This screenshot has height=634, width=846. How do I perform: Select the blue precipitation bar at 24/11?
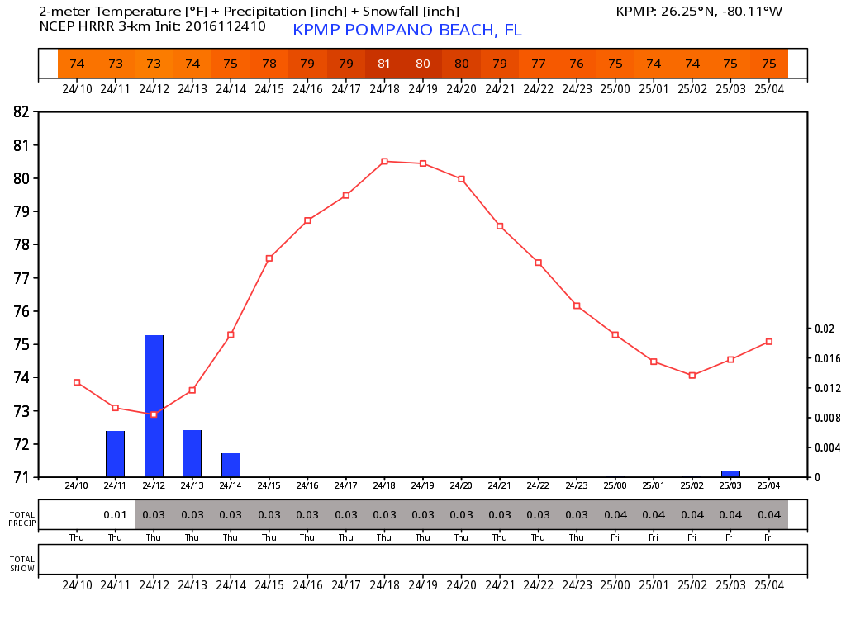pyautogui.click(x=115, y=454)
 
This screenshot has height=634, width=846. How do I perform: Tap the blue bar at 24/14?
pyautogui.click(x=231, y=465)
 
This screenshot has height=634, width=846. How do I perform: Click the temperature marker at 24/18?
pyautogui.click(x=384, y=162)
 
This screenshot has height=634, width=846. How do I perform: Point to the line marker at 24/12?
pyautogui.click(x=154, y=414)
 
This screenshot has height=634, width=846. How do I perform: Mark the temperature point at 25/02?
pyautogui.click(x=692, y=376)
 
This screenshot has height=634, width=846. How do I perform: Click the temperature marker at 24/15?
pyautogui.click(x=269, y=258)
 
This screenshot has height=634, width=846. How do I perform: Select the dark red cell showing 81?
pyautogui.click(x=384, y=64)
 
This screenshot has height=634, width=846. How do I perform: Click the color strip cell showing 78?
pyautogui.click(x=269, y=64)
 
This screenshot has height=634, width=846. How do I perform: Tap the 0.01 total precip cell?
pyautogui.click(x=115, y=515)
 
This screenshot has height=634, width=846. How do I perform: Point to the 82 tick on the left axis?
pyautogui.click(x=21, y=112)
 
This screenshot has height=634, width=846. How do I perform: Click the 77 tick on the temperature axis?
pyautogui.click(x=21, y=278)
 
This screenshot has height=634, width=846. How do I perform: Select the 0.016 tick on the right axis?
pyautogui.click(x=826, y=358)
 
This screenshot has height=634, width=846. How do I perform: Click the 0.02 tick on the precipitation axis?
pyautogui.click(x=825, y=329)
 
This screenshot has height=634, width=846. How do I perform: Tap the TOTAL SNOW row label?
pyautogui.click(x=22, y=564)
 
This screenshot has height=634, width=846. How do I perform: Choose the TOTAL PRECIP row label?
pyautogui.click(x=22, y=518)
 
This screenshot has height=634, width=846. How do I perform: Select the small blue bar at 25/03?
pyautogui.click(x=730, y=474)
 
